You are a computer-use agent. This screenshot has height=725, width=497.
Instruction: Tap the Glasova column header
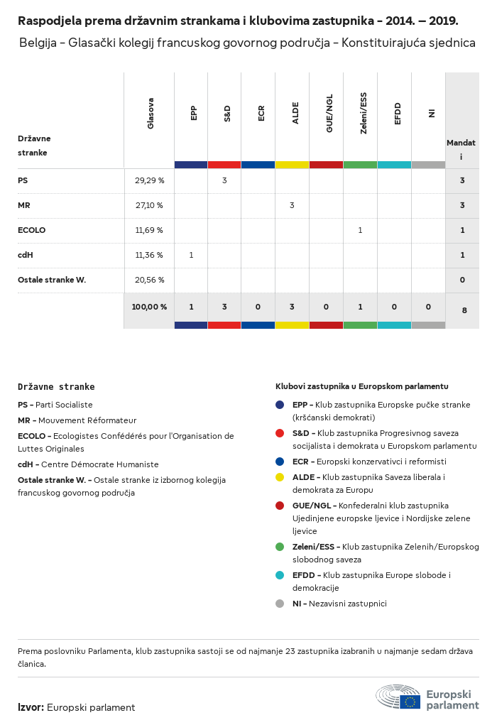click(x=151, y=113)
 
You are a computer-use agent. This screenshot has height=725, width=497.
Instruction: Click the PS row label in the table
click(x=23, y=180)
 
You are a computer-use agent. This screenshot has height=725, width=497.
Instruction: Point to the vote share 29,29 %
click(x=149, y=180)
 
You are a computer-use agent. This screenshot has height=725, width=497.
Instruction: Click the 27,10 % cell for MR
click(x=149, y=205)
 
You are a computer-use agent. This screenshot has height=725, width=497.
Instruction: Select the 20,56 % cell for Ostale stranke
click(x=149, y=280)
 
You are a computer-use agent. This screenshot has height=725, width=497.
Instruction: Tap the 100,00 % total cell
click(x=149, y=307)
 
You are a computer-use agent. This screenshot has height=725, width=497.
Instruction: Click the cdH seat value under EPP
click(x=191, y=255)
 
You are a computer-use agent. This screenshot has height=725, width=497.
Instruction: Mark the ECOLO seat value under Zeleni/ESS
click(x=360, y=230)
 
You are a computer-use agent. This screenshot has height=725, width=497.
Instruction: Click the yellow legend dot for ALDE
click(x=280, y=477)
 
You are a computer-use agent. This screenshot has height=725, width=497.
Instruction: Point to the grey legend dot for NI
click(x=280, y=604)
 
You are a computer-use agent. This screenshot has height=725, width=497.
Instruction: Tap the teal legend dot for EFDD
click(x=280, y=574)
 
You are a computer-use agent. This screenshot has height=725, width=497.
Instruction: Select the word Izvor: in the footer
click(x=31, y=707)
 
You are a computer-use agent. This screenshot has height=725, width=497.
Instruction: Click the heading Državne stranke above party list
click(x=56, y=387)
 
